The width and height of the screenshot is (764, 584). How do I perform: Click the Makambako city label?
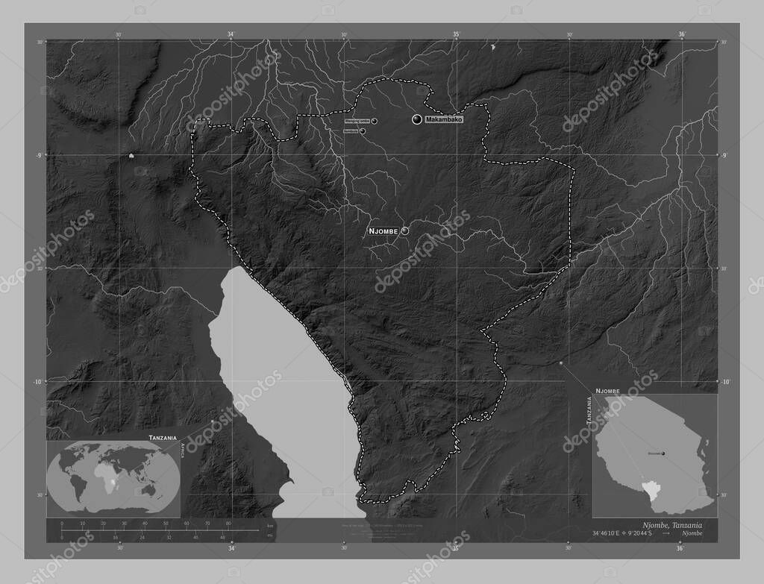(445, 120)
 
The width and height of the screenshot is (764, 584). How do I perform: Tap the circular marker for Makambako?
(416, 120)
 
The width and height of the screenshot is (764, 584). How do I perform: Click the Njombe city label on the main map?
(383, 232)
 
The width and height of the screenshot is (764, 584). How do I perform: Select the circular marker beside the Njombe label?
(405, 231)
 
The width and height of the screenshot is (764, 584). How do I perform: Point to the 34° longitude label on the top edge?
(231, 34)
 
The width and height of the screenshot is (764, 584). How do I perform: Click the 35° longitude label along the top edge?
(456, 34)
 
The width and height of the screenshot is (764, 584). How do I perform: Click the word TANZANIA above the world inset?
(162, 436)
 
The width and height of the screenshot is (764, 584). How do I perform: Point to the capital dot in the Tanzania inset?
(663, 453)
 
